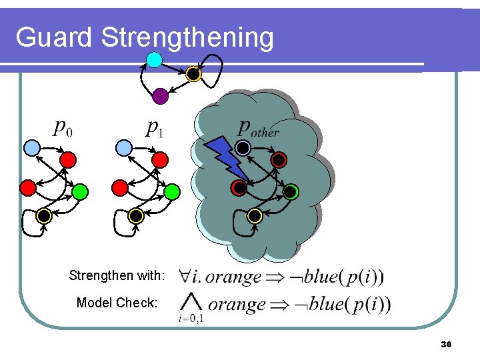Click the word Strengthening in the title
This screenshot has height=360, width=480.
pyautogui.click(x=187, y=39)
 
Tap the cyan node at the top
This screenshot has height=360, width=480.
pyautogui.click(x=154, y=60)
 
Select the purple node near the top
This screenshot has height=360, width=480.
pyautogui.click(x=160, y=96)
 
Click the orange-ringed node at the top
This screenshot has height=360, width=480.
pyautogui.click(x=193, y=74)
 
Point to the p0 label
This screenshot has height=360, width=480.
pyautogui.click(x=63, y=128)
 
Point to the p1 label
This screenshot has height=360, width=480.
pyautogui.click(x=155, y=128)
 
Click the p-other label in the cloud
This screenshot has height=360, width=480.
pyautogui.click(x=259, y=129)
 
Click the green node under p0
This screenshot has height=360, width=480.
pyautogui.click(x=79, y=192)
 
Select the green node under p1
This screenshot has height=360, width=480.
pyautogui.click(x=171, y=192)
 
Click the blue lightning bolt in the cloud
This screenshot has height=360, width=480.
pyautogui.click(x=225, y=160)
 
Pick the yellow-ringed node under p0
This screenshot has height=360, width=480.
pyautogui.click(x=43, y=215)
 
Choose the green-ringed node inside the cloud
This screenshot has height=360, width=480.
pyautogui.click(x=291, y=192)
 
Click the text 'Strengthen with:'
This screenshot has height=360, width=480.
pyautogui.click(x=116, y=275)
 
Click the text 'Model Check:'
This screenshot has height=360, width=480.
pyautogui.click(x=117, y=303)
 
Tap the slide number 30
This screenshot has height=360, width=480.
pyautogui.click(x=447, y=345)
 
